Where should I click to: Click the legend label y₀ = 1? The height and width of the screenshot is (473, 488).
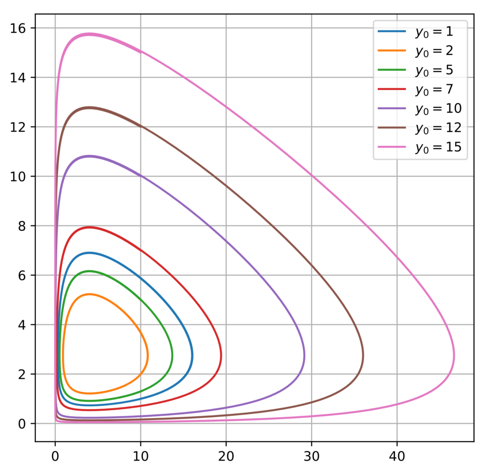[434, 32]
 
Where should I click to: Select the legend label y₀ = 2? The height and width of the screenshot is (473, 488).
[434, 51]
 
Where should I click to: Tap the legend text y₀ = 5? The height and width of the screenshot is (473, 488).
[434, 71]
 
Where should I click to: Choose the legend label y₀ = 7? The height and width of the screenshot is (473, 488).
[434, 90]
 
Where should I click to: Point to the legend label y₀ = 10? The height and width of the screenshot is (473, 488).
[438, 109]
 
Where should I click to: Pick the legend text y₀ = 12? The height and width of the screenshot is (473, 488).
[438, 128]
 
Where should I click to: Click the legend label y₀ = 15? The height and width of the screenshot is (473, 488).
[438, 147]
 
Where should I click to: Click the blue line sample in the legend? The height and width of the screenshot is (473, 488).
[392, 32]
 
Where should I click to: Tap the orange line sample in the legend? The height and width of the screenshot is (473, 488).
[392, 51]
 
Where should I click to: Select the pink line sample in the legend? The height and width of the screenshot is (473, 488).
[392, 147]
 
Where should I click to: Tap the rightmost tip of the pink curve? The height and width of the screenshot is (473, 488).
[454, 355]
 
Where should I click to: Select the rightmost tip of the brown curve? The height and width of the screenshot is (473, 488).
[363, 355]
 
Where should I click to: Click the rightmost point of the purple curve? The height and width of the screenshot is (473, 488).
[304, 355]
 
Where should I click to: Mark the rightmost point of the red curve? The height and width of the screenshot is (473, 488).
[221, 355]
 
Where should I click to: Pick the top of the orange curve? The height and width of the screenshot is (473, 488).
[89, 294]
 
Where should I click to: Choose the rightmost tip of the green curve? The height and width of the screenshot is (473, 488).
[172, 355]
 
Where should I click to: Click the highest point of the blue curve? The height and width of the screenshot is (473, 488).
[89, 253]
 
